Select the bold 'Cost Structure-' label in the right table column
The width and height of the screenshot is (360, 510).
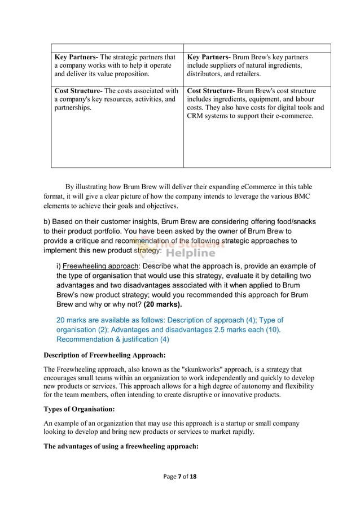[x=211, y=90]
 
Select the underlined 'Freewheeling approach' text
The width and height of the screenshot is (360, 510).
[x=100, y=267]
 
